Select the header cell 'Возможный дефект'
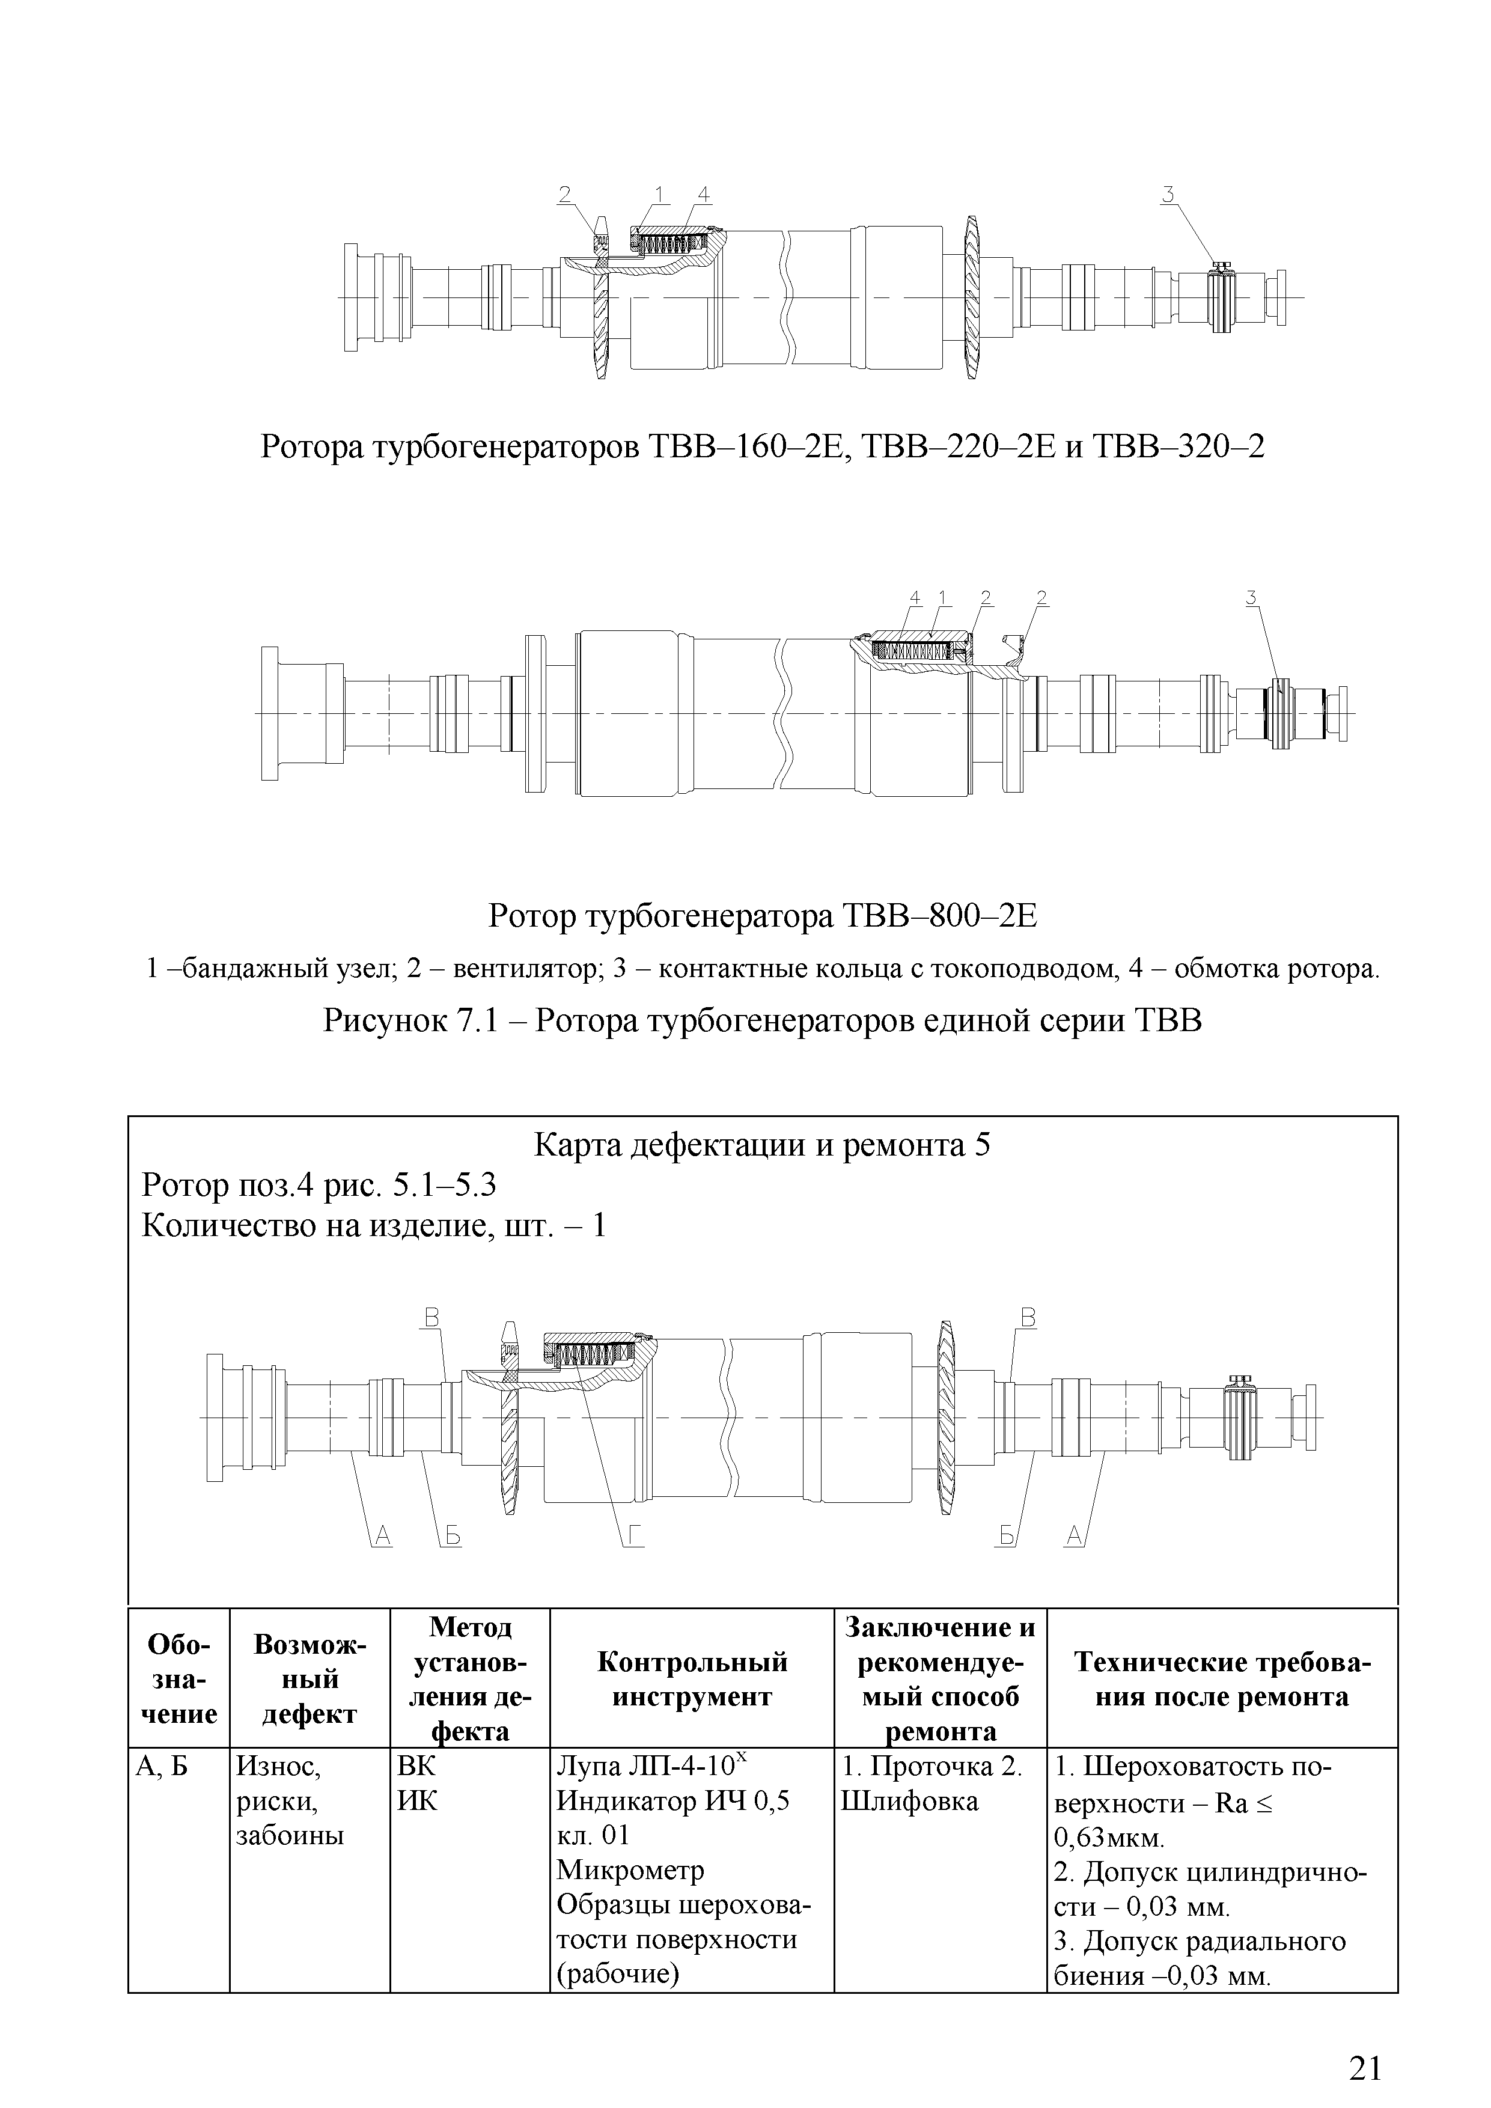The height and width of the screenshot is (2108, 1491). click(309, 1679)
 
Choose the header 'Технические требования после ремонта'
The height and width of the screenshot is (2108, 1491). click(1222, 1679)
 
